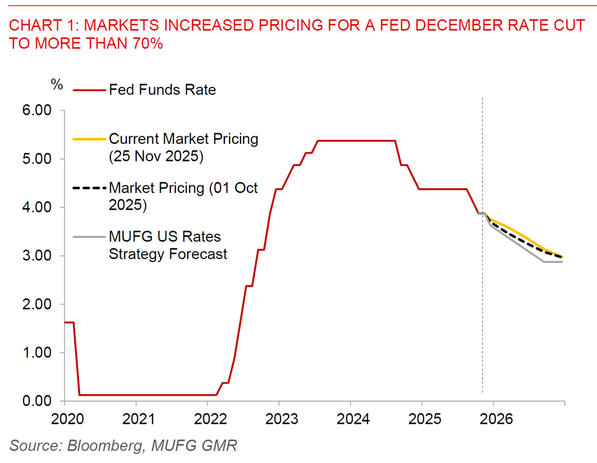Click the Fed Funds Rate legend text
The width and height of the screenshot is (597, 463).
click(x=162, y=89)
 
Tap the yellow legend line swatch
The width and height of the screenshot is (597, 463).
click(x=89, y=139)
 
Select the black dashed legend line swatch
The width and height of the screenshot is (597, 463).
click(x=89, y=188)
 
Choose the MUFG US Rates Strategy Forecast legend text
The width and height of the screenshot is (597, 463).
click(x=168, y=246)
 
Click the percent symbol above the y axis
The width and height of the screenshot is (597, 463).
click(x=57, y=84)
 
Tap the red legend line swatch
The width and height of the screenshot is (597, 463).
click(x=89, y=90)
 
